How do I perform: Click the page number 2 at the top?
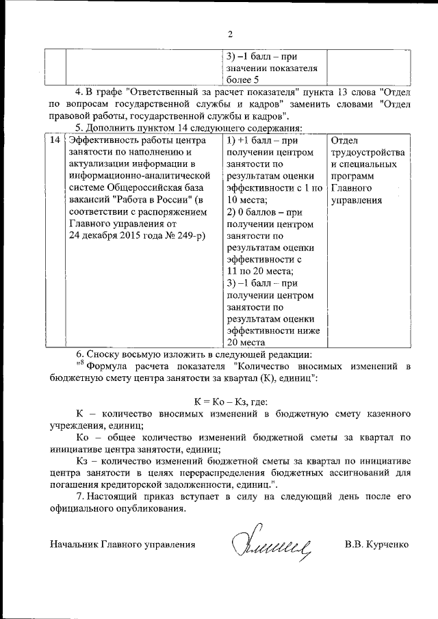(x=230, y=34)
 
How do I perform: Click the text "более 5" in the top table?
(x=243, y=81)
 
